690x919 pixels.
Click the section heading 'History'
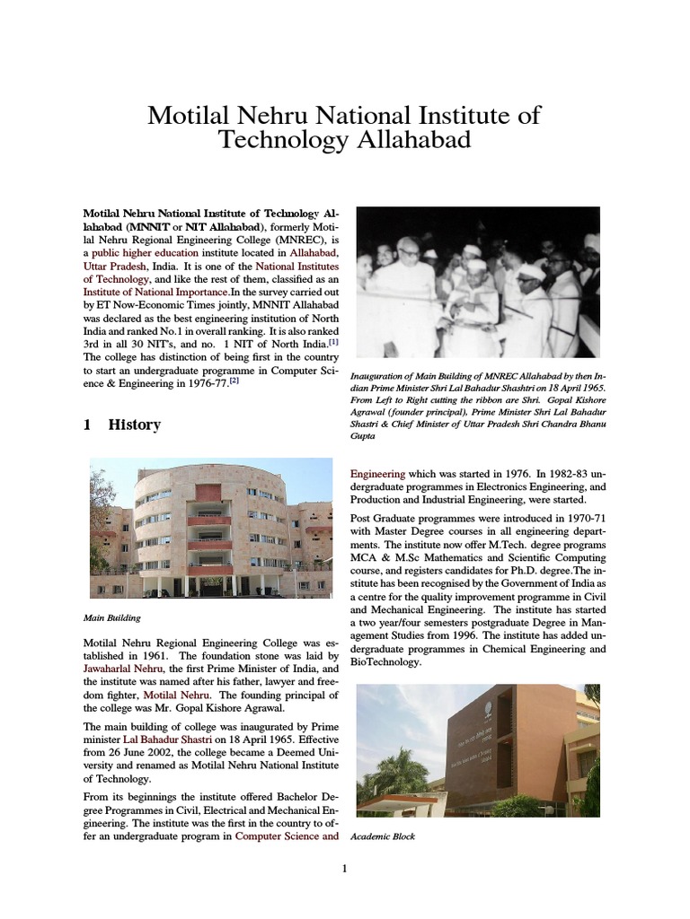[134, 424]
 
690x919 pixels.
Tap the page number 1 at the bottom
[343, 868]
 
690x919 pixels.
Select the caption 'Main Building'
[111, 617]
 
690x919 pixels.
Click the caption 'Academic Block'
[383, 836]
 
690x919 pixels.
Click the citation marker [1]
[332, 341]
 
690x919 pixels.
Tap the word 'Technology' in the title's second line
[282, 141]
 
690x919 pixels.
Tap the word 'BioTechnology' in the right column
[385, 661]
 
